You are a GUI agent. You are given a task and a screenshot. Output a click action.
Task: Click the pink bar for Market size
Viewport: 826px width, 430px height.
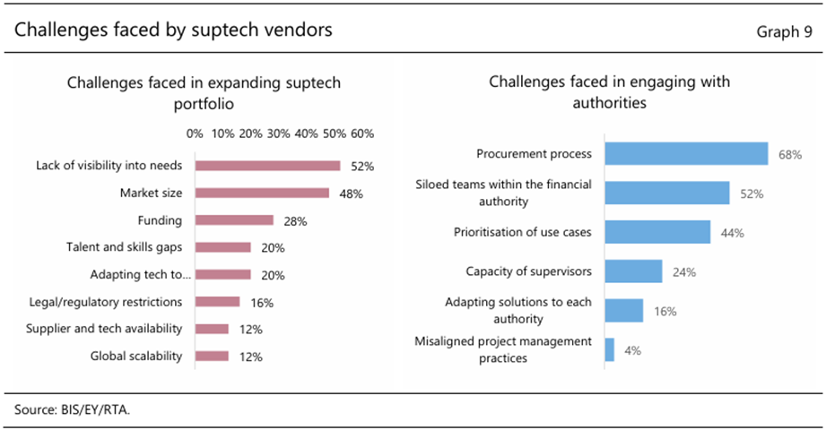tap(262, 193)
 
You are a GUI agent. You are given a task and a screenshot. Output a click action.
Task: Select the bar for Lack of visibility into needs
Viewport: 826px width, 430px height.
tap(267, 166)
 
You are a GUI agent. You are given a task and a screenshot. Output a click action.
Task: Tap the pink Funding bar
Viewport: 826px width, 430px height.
tap(234, 220)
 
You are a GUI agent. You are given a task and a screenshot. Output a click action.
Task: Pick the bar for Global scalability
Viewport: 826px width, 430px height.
tap(212, 357)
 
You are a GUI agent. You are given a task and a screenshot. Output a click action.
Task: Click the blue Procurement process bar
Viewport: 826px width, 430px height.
tap(686, 154)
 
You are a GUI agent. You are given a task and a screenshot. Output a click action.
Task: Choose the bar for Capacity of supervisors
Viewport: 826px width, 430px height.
tap(633, 271)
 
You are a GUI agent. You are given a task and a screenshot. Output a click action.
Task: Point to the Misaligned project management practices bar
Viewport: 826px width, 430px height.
tap(610, 349)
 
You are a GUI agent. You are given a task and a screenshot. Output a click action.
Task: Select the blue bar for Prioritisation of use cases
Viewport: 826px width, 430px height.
tap(657, 232)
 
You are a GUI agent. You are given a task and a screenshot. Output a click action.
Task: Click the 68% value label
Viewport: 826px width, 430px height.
tap(789, 155)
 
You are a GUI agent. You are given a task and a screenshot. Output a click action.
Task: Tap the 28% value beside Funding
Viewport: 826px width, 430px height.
tap(295, 221)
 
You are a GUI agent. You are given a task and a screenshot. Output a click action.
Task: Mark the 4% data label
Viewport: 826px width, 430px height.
tap(632, 350)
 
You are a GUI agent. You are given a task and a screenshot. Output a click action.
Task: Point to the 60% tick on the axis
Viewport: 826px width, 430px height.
tap(362, 133)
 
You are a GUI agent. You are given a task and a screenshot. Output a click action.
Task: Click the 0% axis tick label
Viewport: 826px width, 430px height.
tap(195, 133)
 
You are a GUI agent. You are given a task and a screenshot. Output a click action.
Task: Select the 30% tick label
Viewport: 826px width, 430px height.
tap(278, 133)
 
